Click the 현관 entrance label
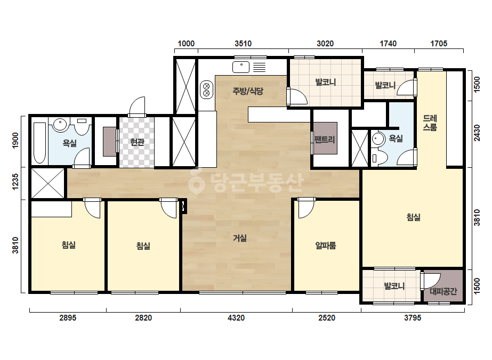(x=137, y=142)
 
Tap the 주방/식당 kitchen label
(x=248, y=91)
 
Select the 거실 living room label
(x=240, y=239)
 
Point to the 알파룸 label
(x=326, y=245)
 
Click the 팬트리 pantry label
(x=325, y=139)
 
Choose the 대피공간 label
(x=443, y=292)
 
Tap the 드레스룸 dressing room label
(x=430, y=122)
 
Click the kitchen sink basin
(x=241, y=67)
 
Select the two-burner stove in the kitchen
(x=206, y=89)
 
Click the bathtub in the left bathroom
(x=39, y=143)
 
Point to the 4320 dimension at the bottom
(x=236, y=318)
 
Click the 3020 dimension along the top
(x=325, y=44)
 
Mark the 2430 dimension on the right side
(x=477, y=133)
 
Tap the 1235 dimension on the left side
(x=15, y=182)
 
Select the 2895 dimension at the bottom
(x=68, y=318)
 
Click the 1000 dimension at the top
(x=186, y=44)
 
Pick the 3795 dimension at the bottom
(x=412, y=318)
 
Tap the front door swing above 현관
(x=137, y=107)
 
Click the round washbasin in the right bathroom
(x=378, y=139)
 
